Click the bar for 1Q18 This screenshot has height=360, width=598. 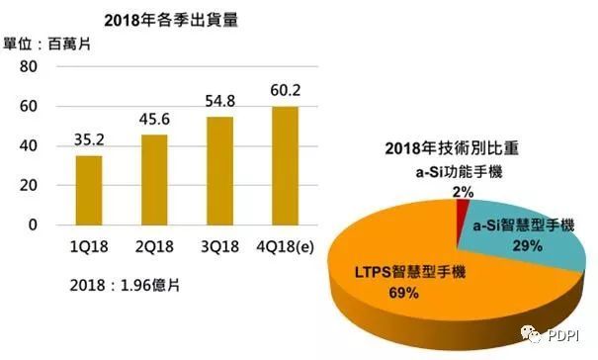[x=89, y=190]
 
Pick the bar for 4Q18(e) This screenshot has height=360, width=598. [x=284, y=165]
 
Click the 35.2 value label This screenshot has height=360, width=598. [x=89, y=138]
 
